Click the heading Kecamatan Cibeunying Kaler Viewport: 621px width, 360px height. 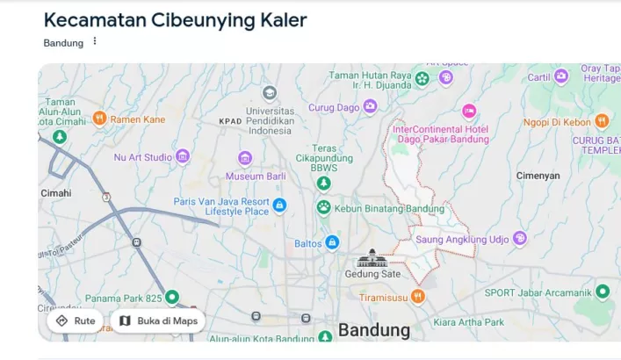pyautogui.click(x=175, y=20)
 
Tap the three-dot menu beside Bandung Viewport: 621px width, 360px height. pyautogui.click(x=95, y=41)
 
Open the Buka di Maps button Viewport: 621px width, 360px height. pyautogui.click(x=158, y=320)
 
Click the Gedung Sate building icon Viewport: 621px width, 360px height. pyautogui.click(x=372, y=258)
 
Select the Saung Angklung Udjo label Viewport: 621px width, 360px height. pyautogui.click(x=462, y=239)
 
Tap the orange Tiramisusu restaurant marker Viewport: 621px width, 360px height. pyautogui.click(x=418, y=297)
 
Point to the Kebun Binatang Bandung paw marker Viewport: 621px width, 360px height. pyautogui.click(x=323, y=208)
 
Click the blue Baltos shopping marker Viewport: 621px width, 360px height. pyautogui.click(x=331, y=241)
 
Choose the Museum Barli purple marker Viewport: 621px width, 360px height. pyautogui.click(x=245, y=158)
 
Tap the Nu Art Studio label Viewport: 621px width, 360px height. pyautogui.click(x=143, y=157)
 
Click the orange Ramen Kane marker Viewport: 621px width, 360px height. pyautogui.click(x=99, y=119)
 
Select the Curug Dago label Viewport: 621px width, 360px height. pyautogui.click(x=334, y=107)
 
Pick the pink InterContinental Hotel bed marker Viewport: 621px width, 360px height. pyautogui.click(x=469, y=112)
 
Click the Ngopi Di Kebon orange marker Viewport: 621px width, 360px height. pyautogui.click(x=602, y=121)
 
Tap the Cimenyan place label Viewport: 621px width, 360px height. pyautogui.click(x=538, y=176)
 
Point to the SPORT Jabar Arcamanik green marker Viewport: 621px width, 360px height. pyautogui.click(x=603, y=292)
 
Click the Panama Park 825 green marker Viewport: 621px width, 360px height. pyautogui.click(x=172, y=298)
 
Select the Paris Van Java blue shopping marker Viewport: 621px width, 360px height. pyautogui.click(x=279, y=205)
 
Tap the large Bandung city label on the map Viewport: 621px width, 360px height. pyautogui.click(x=374, y=330)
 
